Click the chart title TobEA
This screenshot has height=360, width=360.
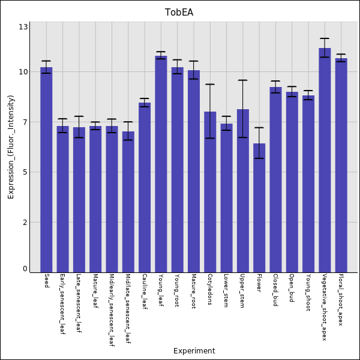(x=179, y=13)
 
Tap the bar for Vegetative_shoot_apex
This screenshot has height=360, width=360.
(x=325, y=160)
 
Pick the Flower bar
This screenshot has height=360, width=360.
(x=259, y=208)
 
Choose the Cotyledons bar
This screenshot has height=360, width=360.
(x=210, y=191)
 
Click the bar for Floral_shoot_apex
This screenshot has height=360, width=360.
(x=341, y=165)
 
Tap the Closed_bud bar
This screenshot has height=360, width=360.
(x=275, y=179)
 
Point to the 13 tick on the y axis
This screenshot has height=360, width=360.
(x=23, y=27)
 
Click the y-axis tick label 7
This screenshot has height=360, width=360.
(x=25, y=122)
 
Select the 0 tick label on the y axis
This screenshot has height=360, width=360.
(x=25, y=269)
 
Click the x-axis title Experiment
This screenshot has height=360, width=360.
(x=194, y=351)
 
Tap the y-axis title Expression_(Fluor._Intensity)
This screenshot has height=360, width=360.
(x=11, y=147)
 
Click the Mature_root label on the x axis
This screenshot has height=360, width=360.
(x=194, y=292)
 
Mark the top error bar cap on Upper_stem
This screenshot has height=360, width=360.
(x=242, y=80)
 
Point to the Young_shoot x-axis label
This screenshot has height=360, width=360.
(x=308, y=290)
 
